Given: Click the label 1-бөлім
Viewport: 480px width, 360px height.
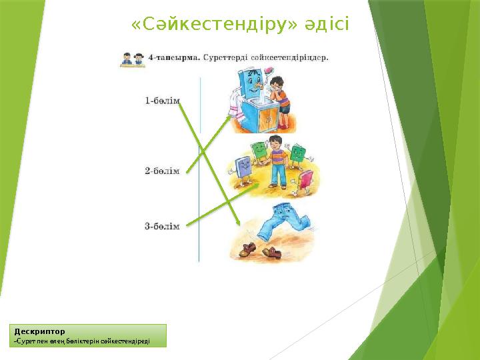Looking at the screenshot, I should (162, 101).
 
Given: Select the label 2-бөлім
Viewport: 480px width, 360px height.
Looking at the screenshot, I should (162, 171).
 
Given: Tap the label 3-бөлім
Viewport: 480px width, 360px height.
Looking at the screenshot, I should (162, 227).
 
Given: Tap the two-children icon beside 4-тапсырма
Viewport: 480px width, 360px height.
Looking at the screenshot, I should (133, 59).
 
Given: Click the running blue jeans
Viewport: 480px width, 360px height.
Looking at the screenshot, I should (280, 224).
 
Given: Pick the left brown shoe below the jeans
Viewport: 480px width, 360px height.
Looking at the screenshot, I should (247, 250).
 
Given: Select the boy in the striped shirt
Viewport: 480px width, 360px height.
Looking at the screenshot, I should (276, 160).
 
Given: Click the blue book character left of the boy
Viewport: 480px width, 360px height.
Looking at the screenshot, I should (243, 169).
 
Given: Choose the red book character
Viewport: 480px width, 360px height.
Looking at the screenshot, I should (306, 179).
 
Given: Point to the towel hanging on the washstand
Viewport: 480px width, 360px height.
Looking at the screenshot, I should (234, 103).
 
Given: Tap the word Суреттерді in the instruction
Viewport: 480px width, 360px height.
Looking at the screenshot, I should (226, 58).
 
